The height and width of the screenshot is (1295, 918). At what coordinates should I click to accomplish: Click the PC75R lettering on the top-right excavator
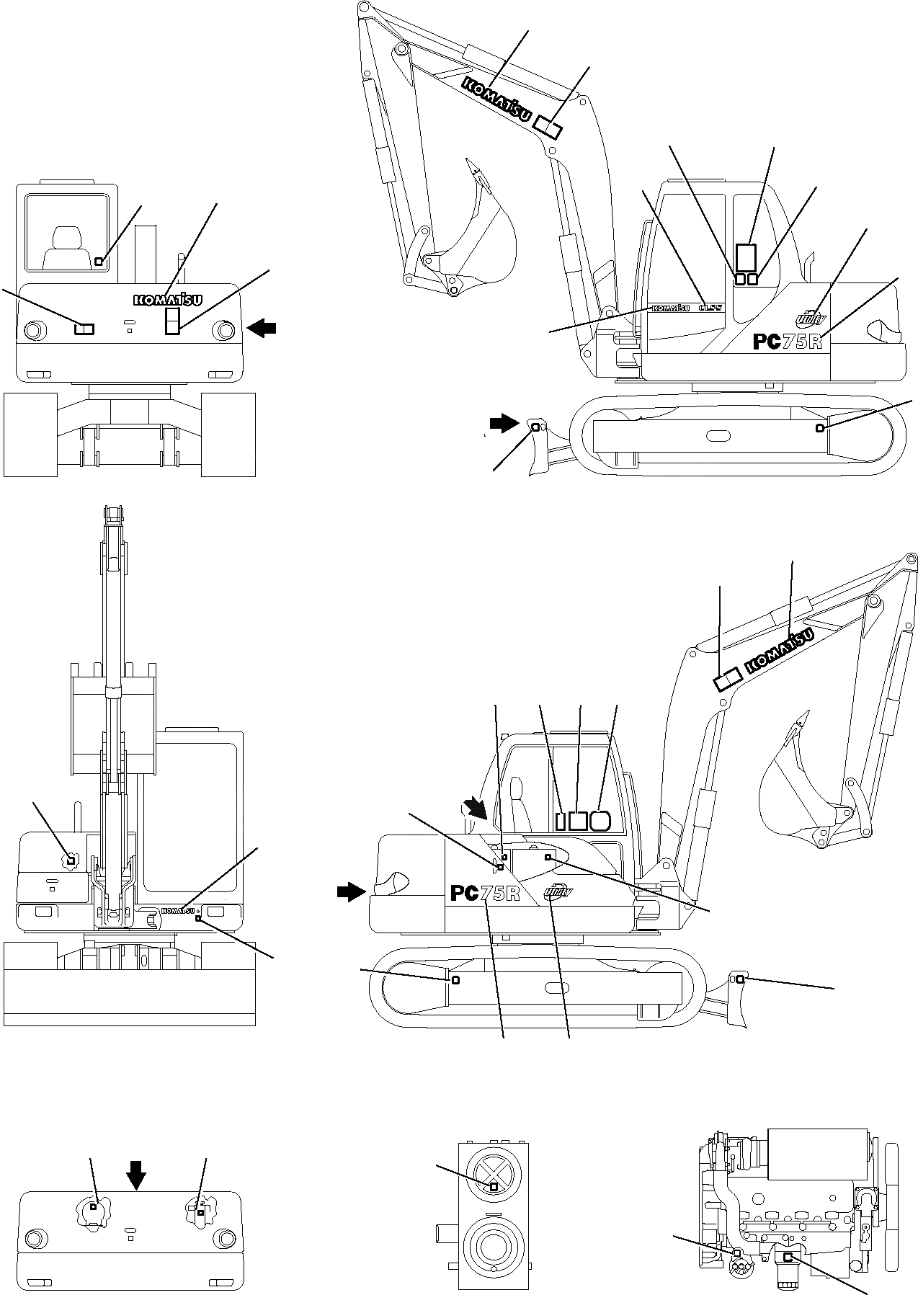point(788,340)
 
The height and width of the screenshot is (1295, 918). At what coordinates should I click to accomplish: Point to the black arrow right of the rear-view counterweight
point(260,329)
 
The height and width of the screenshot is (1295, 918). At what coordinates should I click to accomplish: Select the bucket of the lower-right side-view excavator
point(796,793)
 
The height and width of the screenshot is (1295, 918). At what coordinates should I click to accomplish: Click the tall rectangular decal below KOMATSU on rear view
point(172,321)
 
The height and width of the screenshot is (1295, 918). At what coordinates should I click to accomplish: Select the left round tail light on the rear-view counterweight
point(32,331)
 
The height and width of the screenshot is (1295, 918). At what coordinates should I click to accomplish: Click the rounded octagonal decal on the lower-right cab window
point(600,820)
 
